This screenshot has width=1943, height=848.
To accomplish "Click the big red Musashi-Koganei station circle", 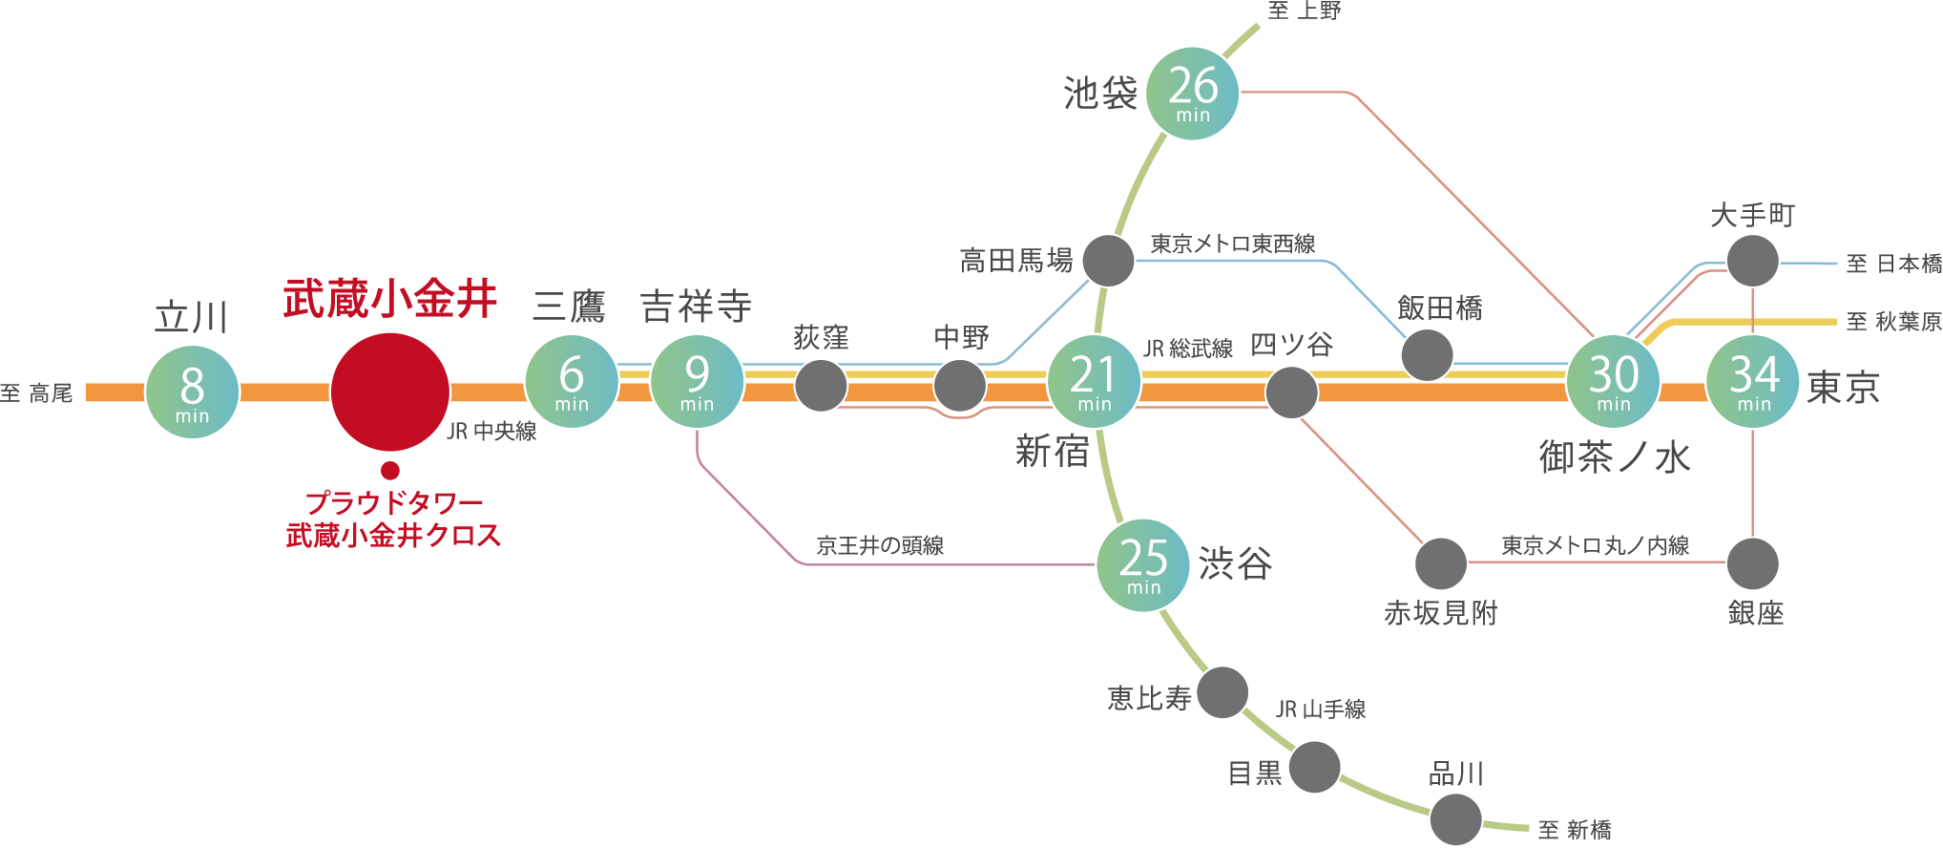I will tap(390, 392).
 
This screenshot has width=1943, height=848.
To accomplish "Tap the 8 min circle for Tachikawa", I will tap(192, 392).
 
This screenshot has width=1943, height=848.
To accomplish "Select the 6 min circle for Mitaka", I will tap(572, 381).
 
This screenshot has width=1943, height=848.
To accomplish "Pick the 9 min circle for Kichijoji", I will tap(697, 381).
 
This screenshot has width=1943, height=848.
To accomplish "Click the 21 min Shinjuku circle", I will tap(1094, 381).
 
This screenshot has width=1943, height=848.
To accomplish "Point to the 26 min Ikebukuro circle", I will tap(1192, 94).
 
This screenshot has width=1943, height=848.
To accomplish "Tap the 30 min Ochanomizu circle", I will tap(1613, 381).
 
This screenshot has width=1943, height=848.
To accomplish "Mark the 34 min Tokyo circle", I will tap(1753, 381).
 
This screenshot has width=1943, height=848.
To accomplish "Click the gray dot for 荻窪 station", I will tap(821, 386).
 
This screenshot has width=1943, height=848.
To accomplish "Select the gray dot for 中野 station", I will tap(959, 386).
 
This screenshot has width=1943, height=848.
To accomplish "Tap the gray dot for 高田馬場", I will tap(1108, 260).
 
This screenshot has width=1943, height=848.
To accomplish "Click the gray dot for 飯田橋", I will tap(1427, 355).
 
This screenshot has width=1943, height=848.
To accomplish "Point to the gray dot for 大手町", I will tap(1753, 260).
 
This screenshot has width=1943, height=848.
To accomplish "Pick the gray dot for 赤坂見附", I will tap(1440, 563).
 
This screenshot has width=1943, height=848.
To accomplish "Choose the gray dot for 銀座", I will tap(1753, 563).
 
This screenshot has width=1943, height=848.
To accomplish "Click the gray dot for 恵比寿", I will tap(1222, 692).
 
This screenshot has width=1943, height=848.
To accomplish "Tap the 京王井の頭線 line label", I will tap(880, 545).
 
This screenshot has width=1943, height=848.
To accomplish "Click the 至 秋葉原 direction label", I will tap(1893, 322).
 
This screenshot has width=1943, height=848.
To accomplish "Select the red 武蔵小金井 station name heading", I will tap(390, 299).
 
